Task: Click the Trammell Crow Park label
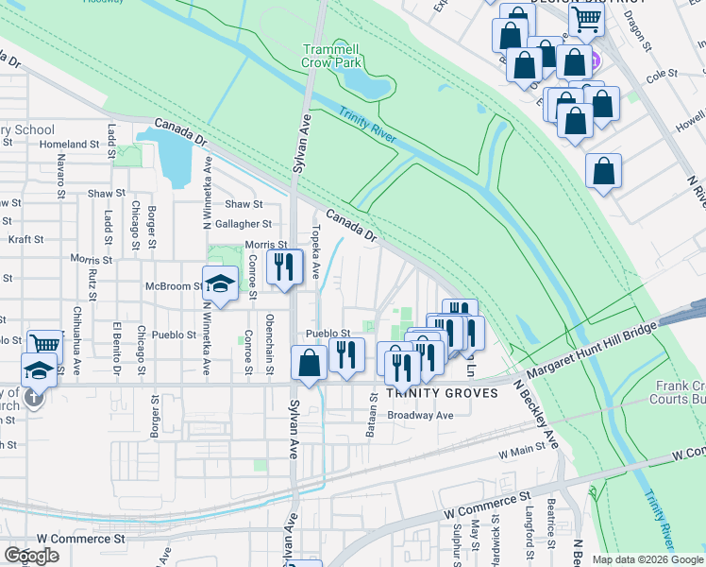click(332, 56)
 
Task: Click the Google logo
click(31, 556)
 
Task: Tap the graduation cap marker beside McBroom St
click(220, 284)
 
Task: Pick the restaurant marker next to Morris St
click(284, 267)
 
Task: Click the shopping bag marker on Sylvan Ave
click(310, 363)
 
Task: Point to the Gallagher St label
click(244, 224)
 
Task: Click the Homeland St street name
click(69, 145)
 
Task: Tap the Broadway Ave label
click(421, 415)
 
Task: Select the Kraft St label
click(25, 240)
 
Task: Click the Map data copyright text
click(647, 559)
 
